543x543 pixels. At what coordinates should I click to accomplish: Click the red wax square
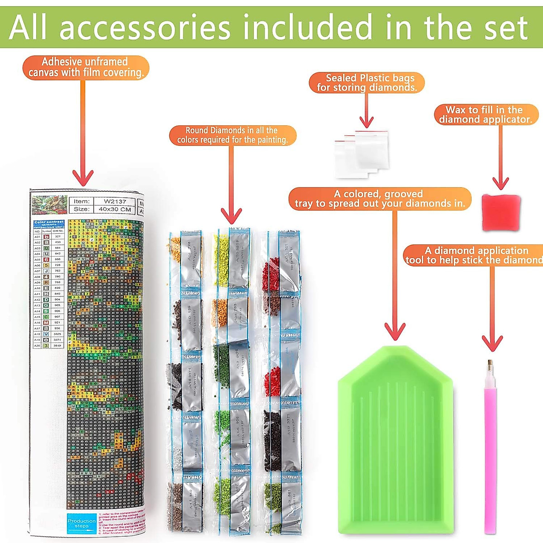pos(500,212)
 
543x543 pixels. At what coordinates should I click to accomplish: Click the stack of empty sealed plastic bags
pos(362,154)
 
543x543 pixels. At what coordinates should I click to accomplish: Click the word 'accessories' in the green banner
pos(145,28)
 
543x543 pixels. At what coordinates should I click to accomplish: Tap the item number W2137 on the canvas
pos(115,201)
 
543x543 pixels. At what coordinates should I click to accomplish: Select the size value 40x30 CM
pos(115,210)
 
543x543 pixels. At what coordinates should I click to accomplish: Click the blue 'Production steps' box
pos(81,524)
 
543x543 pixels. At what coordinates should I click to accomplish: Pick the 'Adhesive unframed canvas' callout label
pos(85,67)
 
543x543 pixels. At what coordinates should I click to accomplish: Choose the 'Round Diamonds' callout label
pos(232,135)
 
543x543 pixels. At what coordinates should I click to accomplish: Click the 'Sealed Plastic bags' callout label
pos(367,83)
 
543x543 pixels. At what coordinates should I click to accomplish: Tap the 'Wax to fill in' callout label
pos(486,114)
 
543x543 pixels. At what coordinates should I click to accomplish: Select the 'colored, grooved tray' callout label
pos(380,199)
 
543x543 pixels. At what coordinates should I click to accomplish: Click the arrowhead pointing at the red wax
pos(500,183)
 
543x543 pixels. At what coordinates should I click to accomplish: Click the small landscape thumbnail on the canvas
pos(49,205)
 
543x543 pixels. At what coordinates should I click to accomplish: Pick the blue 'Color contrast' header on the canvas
pos(49,223)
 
